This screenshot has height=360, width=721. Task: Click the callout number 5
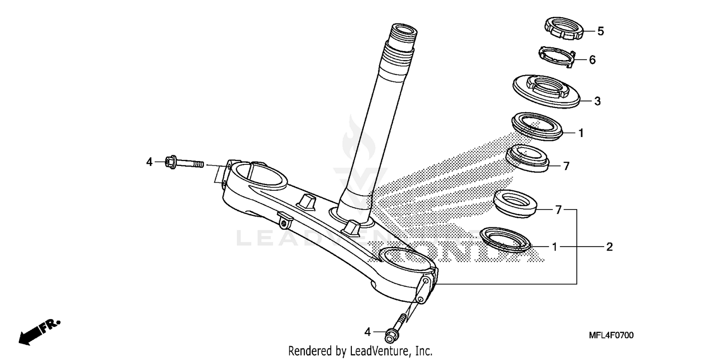[x=600, y=31]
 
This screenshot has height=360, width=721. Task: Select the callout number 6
[x=592, y=60]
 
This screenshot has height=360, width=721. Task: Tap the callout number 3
[x=597, y=101]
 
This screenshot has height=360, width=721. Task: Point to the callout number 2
[x=609, y=247]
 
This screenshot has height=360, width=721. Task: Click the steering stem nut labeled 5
[x=564, y=29]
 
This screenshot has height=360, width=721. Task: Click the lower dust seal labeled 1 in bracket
[x=506, y=239]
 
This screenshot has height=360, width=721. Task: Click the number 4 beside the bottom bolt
[x=367, y=332]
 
